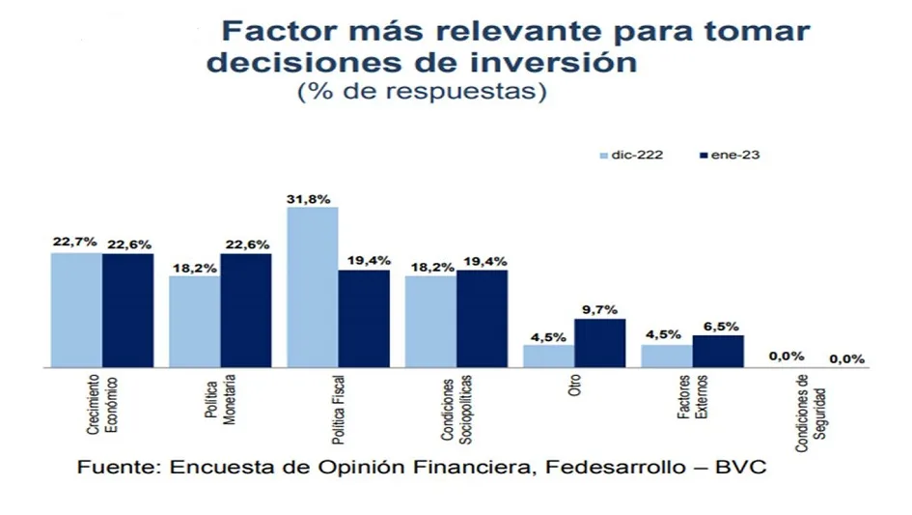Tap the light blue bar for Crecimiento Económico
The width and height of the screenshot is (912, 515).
76,310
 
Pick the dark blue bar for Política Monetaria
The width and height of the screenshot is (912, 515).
245,310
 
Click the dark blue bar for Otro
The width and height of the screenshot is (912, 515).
599,343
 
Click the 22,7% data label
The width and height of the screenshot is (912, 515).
75,243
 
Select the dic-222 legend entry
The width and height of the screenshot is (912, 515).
631,155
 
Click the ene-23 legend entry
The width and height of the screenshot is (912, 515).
732,155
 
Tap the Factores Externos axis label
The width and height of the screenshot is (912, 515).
694,396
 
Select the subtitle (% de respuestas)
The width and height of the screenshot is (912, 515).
421,93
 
